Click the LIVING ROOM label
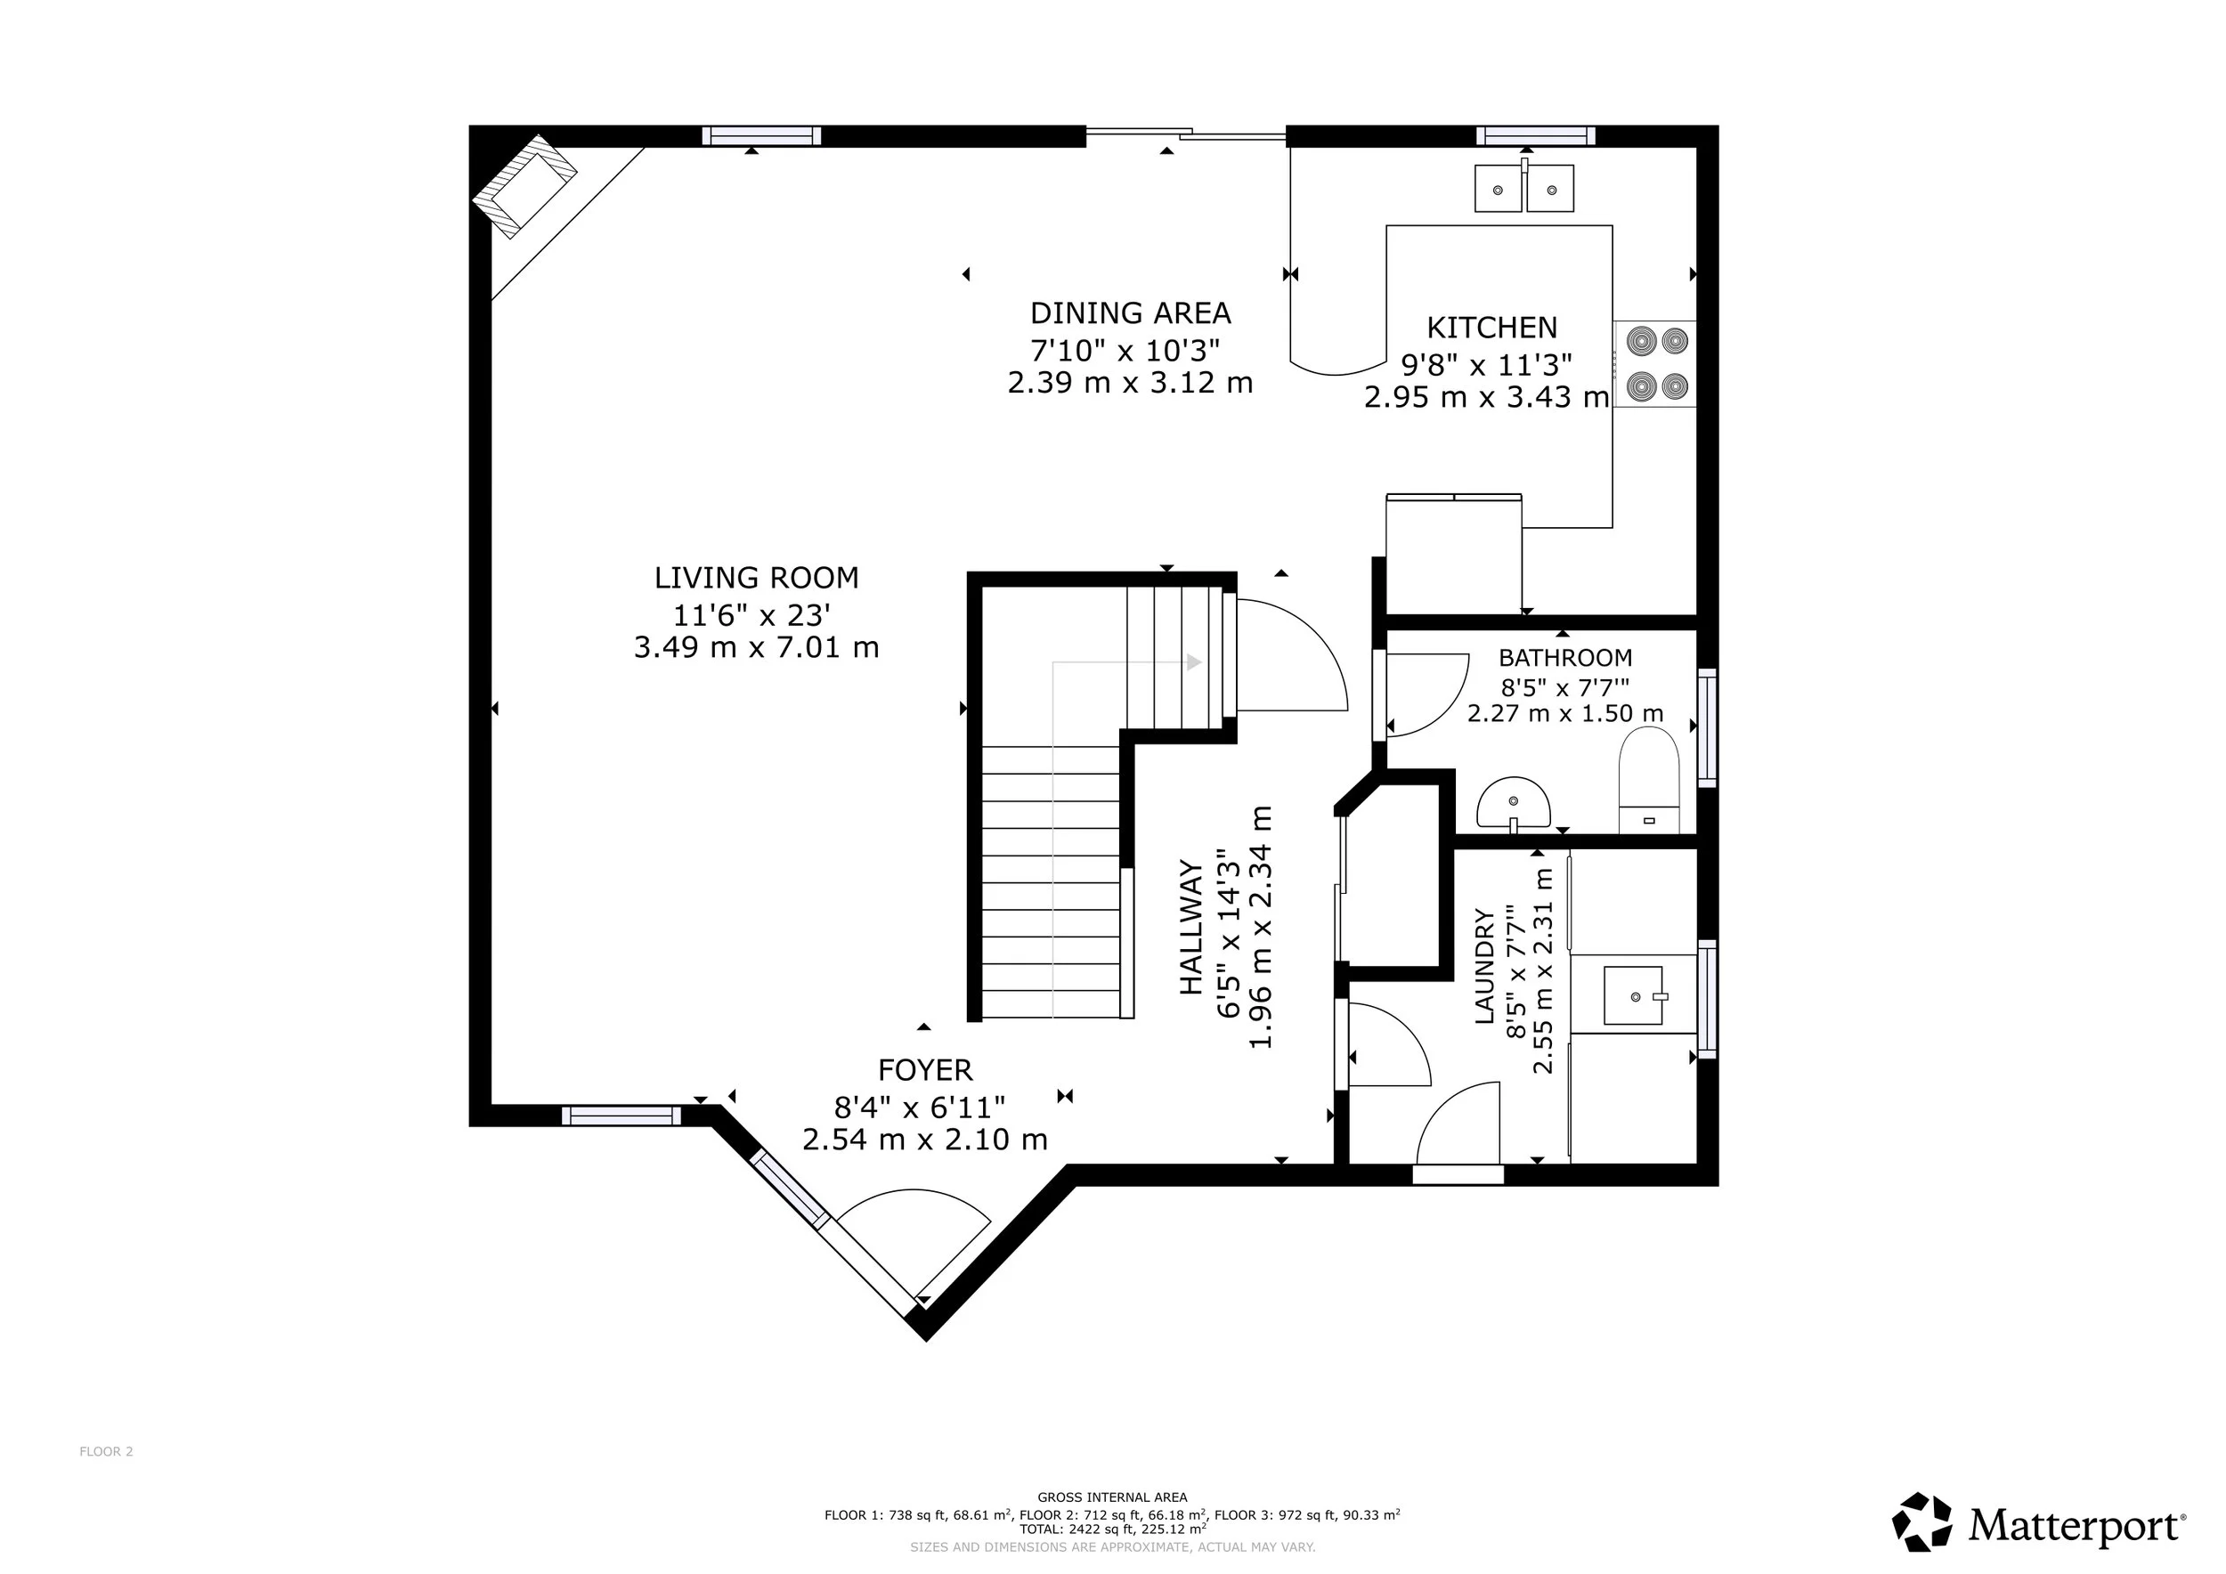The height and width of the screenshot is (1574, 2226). (x=756, y=578)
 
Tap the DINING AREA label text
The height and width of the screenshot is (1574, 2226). (x=1131, y=313)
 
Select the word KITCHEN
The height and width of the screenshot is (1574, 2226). (x=1492, y=328)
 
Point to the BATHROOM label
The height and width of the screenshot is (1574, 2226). (x=1564, y=658)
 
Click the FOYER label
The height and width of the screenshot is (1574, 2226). (x=925, y=1070)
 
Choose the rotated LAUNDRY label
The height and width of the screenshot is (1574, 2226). (x=1484, y=966)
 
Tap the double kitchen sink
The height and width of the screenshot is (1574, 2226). (x=1524, y=187)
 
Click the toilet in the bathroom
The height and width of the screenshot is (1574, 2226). (x=1649, y=780)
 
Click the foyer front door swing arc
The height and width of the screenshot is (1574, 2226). (x=914, y=1192)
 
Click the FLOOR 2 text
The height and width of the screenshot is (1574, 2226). (x=106, y=1451)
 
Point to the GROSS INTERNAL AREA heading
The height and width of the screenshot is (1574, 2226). (x=1112, y=1497)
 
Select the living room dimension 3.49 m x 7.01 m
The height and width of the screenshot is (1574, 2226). (x=756, y=647)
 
